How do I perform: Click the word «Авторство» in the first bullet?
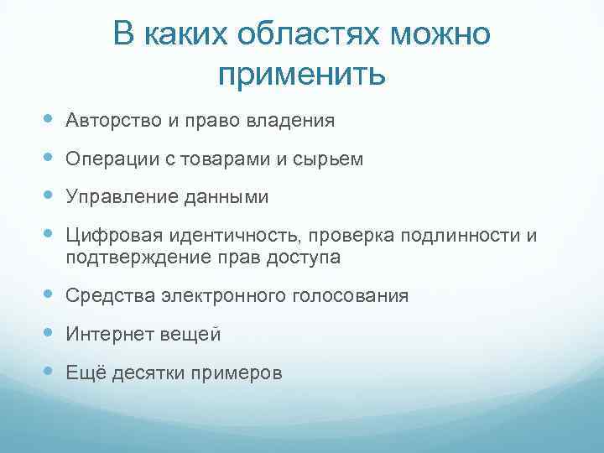pyautogui.click(x=112, y=121)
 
